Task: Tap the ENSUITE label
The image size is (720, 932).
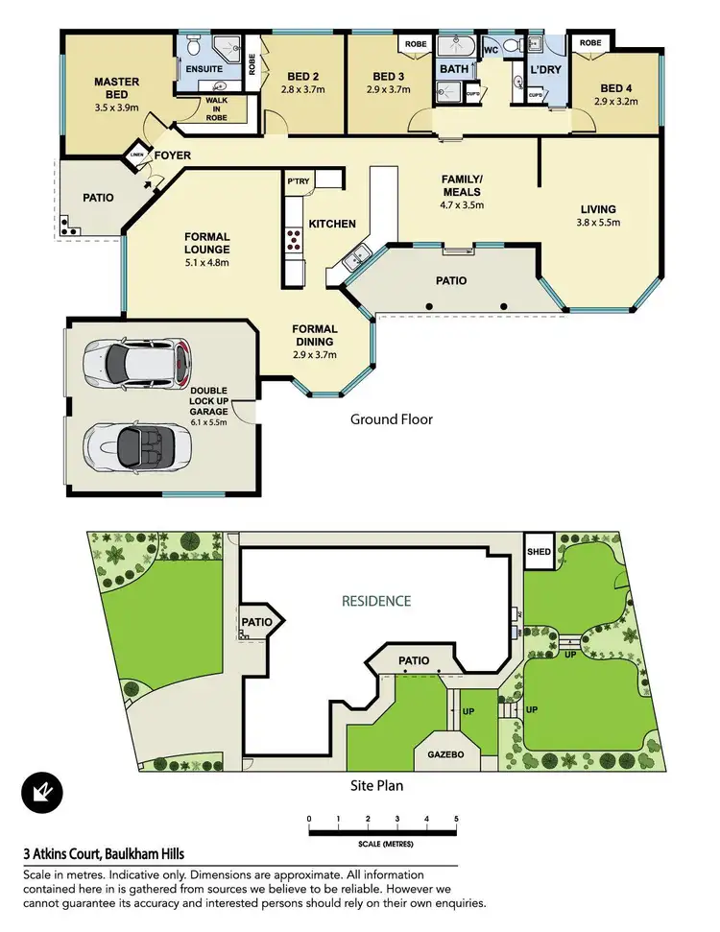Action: [x=204, y=69]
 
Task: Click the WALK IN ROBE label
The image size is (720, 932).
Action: [x=212, y=109]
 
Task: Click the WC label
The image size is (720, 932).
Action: [x=490, y=49]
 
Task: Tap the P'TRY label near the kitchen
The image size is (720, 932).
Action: [x=295, y=180]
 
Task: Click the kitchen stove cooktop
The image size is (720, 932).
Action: [x=293, y=240]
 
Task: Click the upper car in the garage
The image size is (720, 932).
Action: [x=137, y=363]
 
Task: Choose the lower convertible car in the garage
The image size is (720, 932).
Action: [x=137, y=446]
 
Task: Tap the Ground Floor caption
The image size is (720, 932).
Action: [x=391, y=418]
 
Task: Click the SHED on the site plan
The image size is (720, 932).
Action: [x=539, y=553]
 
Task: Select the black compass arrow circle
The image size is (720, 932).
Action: [x=43, y=793]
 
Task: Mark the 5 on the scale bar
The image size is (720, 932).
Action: [x=456, y=818]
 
